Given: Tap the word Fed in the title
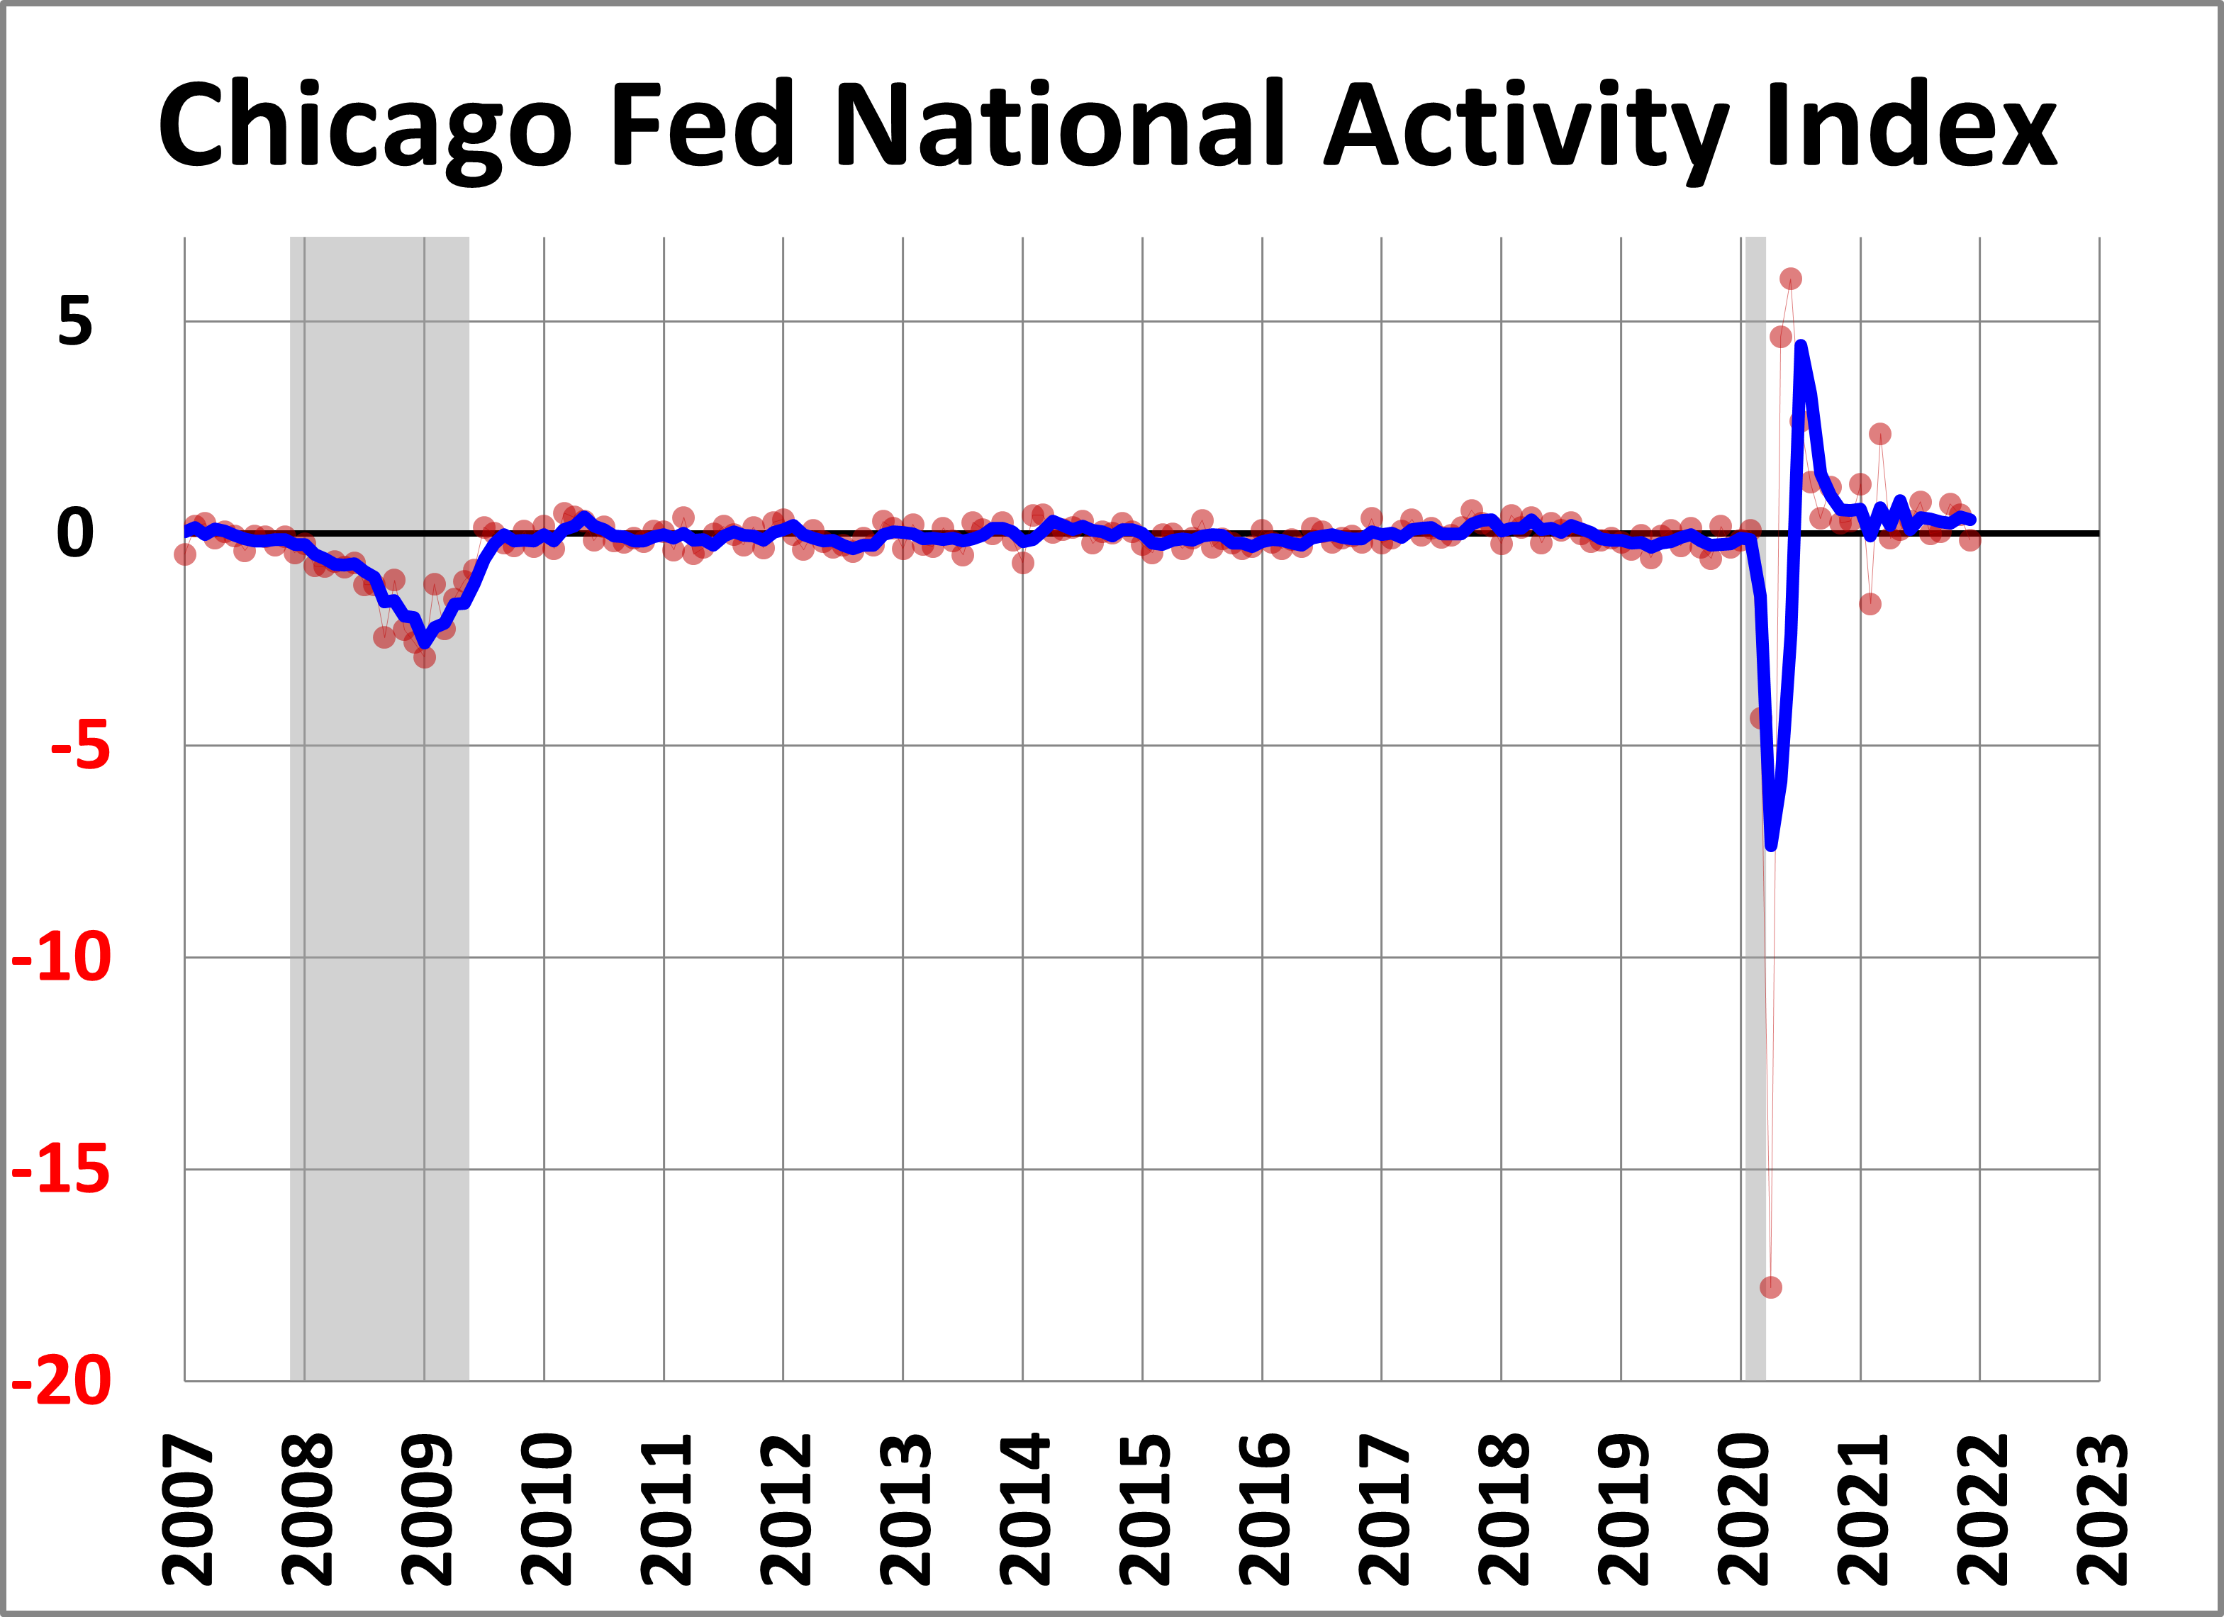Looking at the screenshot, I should pos(700,125).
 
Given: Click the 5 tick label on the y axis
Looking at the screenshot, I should pos(76,322).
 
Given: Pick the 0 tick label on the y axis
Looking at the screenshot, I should pos(76,535).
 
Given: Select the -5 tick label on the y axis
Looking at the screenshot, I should pos(80,747).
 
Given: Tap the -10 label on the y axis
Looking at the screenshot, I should pos(62,958).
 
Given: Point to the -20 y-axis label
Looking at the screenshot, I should pos(62,1382).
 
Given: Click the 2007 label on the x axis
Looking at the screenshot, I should pos(187,1509).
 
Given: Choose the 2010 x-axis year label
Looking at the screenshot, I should pos(546,1509).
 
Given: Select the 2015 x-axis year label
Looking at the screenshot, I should pos(1144,1509).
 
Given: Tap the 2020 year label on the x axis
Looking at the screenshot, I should pos(1743,1509).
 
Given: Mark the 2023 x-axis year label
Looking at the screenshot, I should pos(2101,1509).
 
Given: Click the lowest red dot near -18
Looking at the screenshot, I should pos(1770,1287).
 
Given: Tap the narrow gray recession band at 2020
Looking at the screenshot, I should pos(1755,980).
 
